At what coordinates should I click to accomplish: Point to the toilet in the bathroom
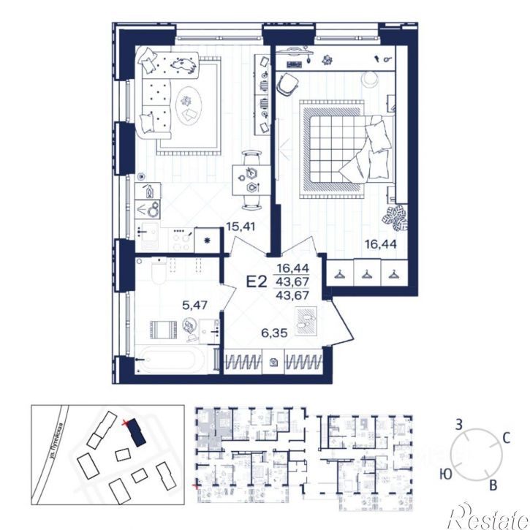coord(159,273)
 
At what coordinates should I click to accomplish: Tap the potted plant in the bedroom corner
coord(398,216)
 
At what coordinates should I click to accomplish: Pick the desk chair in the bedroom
coord(289,84)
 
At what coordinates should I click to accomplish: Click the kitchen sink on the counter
coord(147,235)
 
